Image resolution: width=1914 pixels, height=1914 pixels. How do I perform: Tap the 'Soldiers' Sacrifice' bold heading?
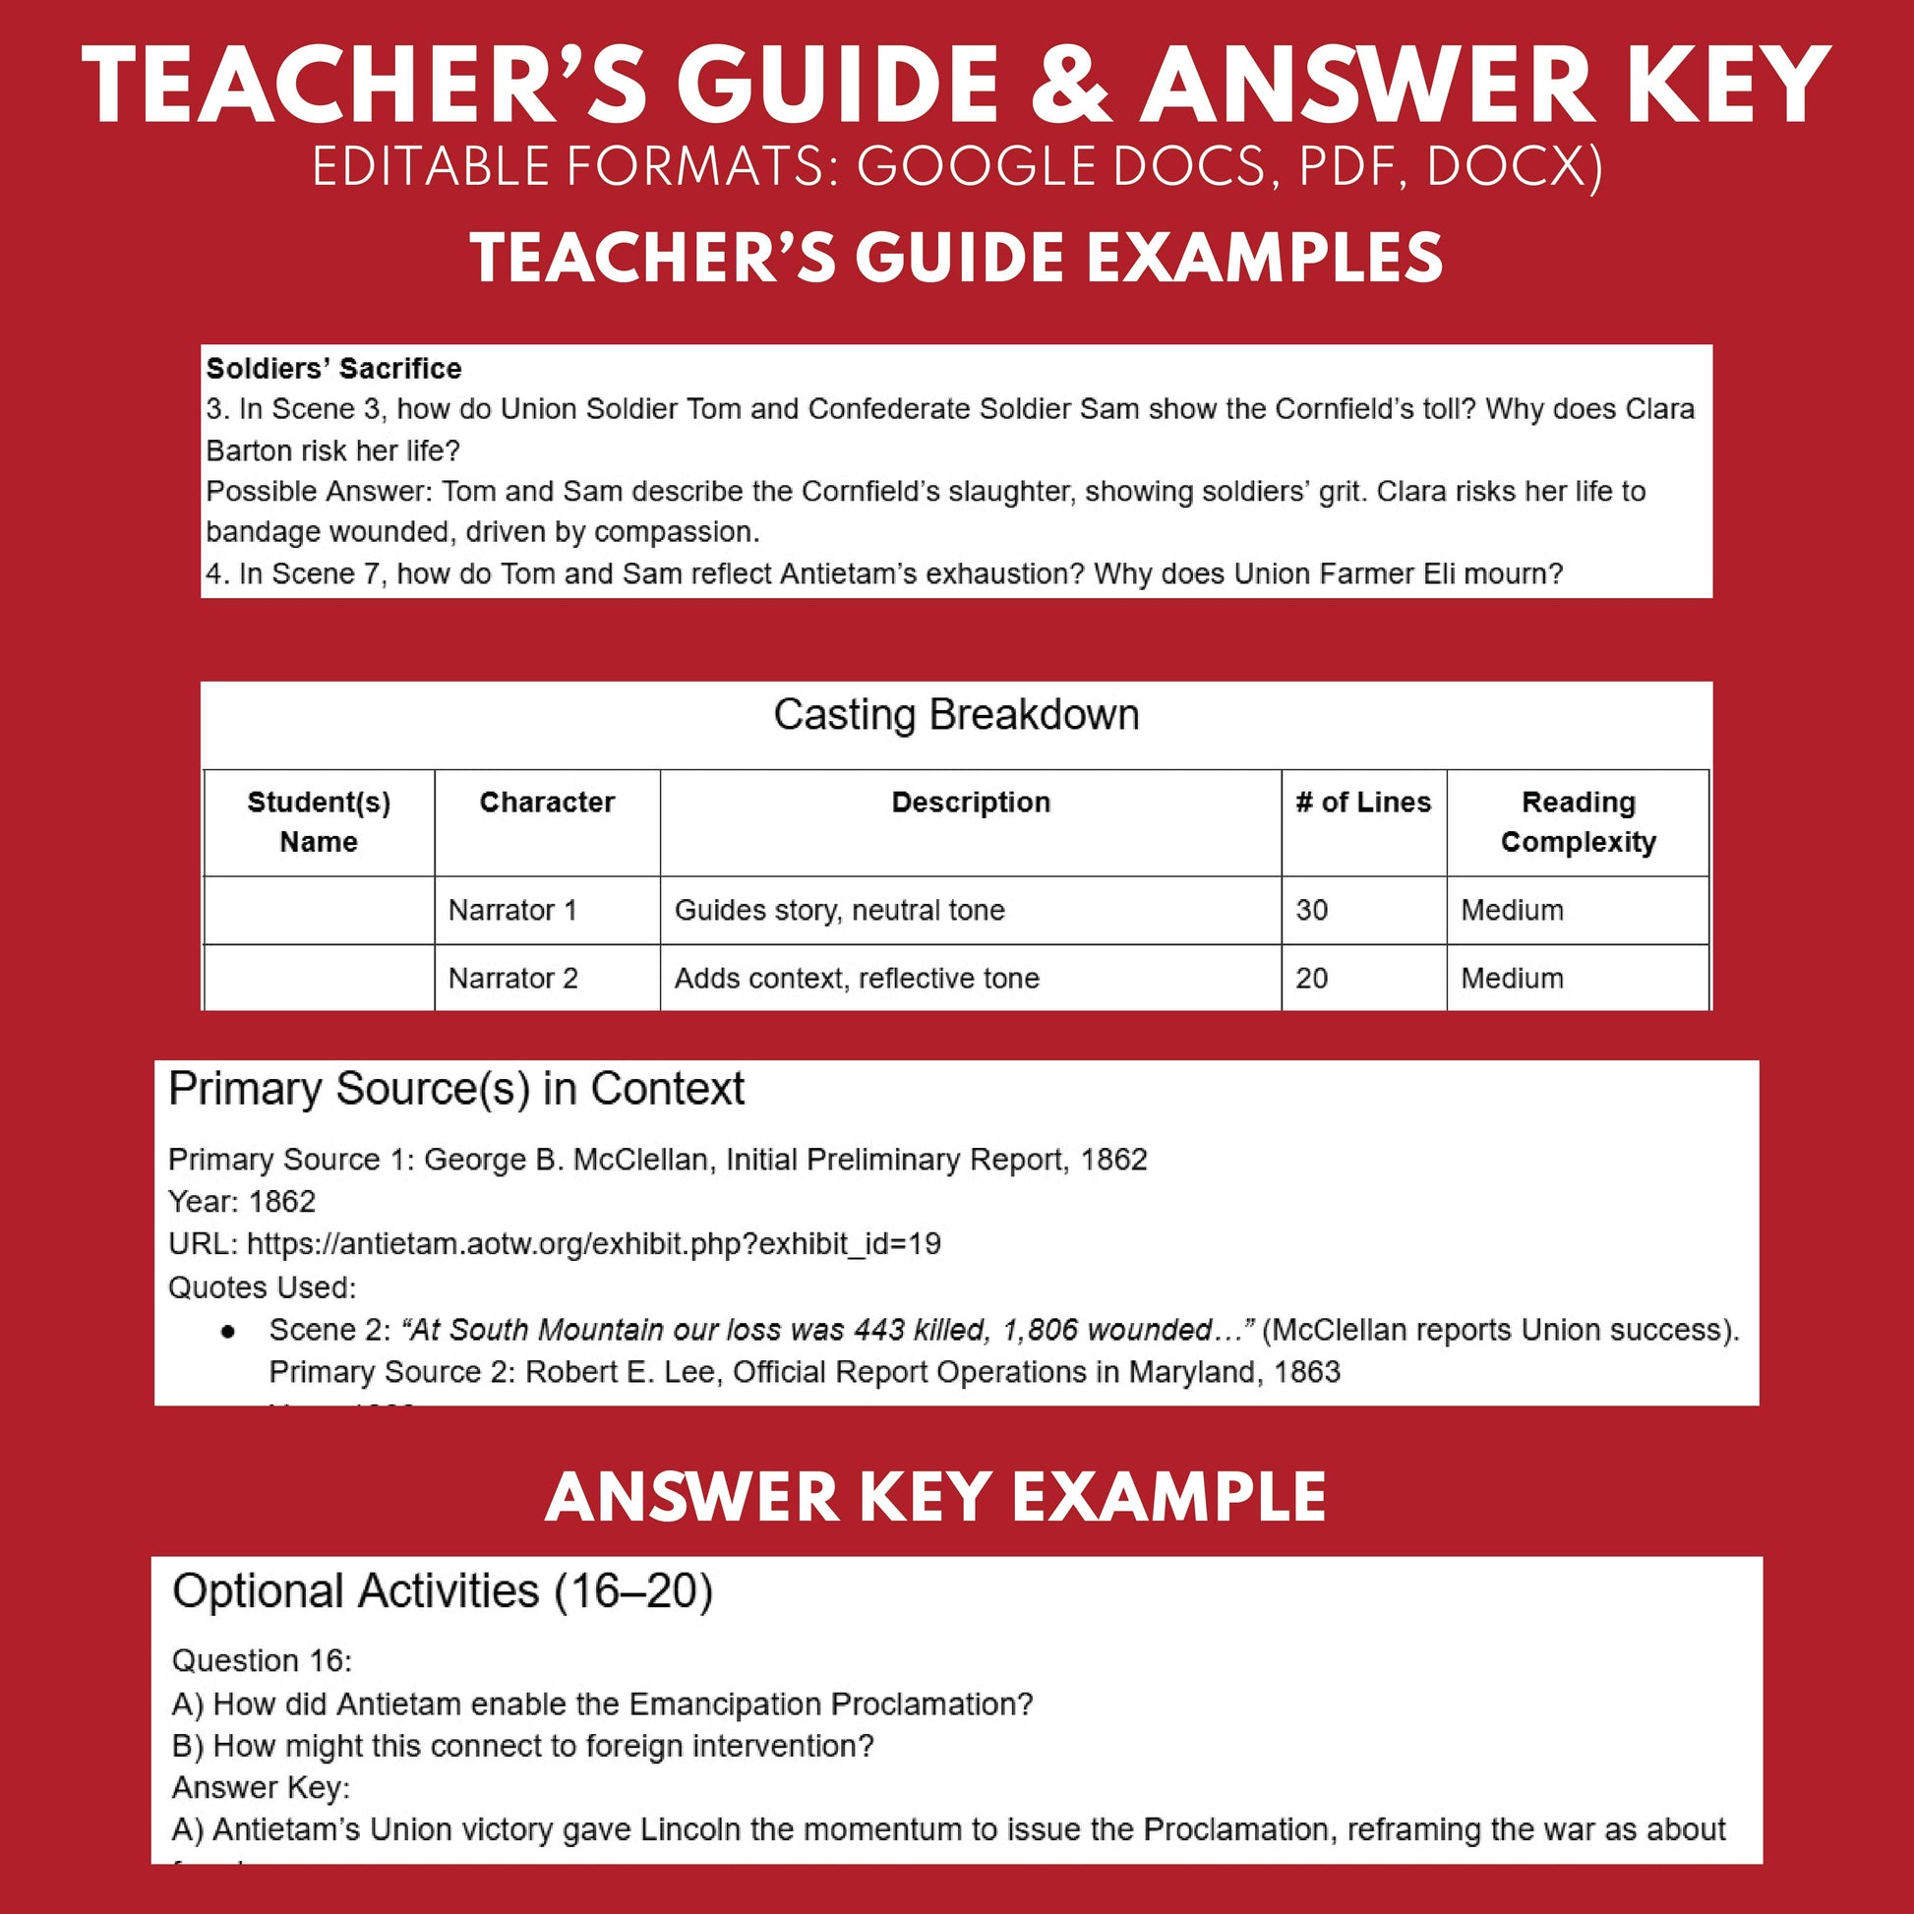[x=333, y=369]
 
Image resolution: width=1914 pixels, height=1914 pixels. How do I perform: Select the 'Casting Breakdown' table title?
[x=956, y=714]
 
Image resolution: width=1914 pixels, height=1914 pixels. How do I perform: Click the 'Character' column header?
[x=547, y=802]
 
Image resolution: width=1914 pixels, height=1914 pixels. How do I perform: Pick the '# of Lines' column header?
[x=1363, y=802]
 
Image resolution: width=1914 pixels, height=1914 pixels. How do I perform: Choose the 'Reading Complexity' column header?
[x=1578, y=821]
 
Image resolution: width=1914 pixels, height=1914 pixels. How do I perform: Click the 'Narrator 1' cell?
[x=512, y=910]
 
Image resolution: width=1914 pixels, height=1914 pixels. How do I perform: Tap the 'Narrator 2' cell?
[x=512, y=978]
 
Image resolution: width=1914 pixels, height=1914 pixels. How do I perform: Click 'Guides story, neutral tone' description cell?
[x=839, y=910]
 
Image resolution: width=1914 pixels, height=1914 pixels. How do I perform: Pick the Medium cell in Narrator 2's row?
[x=1512, y=978]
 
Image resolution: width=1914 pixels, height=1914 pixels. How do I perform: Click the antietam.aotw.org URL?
[x=593, y=1243]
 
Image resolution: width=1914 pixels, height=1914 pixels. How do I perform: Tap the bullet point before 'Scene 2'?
[x=228, y=1332]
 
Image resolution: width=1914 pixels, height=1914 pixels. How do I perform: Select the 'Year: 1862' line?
[x=242, y=1201]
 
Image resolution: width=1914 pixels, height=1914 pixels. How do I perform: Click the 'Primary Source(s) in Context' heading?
[x=455, y=1089]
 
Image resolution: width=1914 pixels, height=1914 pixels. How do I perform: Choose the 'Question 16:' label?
[x=262, y=1660]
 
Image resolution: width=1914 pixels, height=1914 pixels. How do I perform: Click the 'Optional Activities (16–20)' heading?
[x=442, y=1591]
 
